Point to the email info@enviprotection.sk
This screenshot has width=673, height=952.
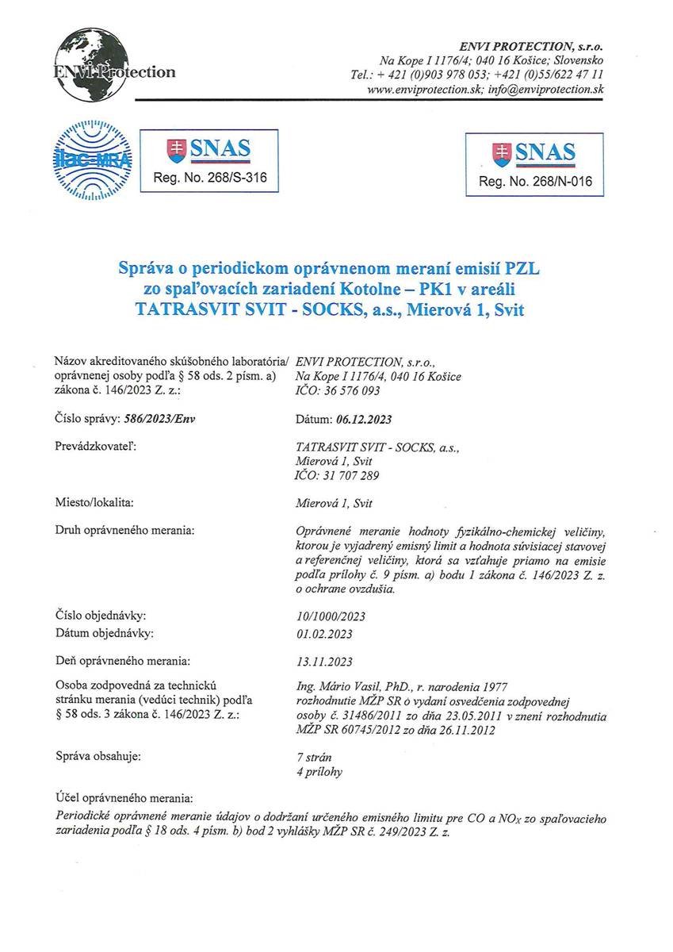[546, 90]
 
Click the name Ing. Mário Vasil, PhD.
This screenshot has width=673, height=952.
[349, 685]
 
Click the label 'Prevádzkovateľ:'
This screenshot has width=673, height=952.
[95, 447]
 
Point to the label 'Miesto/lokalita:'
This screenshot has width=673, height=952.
[94, 503]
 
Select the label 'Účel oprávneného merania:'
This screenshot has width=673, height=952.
[124, 797]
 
